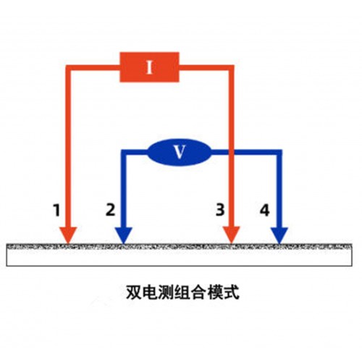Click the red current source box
(x=149, y=67)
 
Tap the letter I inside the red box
(x=150, y=67)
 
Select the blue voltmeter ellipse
(x=179, y=152)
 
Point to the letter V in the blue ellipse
(x=180, y=152)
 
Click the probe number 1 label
(x=56, y=210)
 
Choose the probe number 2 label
(x=110, y=210)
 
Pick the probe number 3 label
(x=220, y=209)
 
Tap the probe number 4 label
(x=264, y=210)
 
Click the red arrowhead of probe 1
(x=68, y=235)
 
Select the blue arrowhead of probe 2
(x=124, y=235)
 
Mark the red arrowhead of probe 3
(x=232, y=235)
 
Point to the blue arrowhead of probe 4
(x=279, y=235)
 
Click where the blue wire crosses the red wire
(x=231, y=152)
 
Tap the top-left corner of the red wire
(x=68, y=67)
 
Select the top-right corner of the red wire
(x=231, y=67)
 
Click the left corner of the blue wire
(x=124, y=153)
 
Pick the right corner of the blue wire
(x=279, y=153)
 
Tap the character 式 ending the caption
(x=231, y=292)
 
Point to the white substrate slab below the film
(x=179, y=258)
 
